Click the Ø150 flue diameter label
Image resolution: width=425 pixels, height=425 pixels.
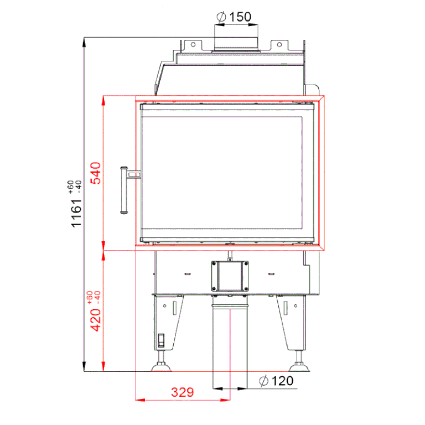coord(234,17)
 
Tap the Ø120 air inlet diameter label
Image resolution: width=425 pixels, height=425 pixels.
coord(276,381)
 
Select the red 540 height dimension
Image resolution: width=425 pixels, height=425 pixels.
coord(95,173)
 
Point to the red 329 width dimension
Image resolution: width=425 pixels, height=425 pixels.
coord(183,392)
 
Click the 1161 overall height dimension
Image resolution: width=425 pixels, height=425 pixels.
coord(76,213)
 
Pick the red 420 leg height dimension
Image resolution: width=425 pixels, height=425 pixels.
coord(95,320)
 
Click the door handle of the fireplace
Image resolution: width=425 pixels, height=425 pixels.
coord(124,190)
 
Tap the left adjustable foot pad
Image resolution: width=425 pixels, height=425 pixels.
coord(161,367)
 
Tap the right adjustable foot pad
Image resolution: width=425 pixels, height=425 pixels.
coord(299,367)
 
